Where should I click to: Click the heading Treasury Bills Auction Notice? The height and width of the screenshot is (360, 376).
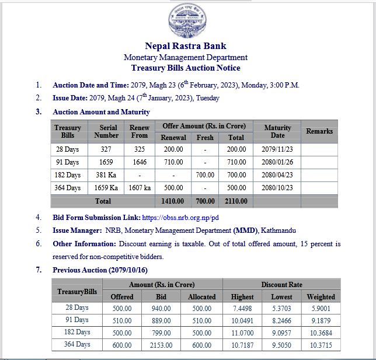(x=185, y=68)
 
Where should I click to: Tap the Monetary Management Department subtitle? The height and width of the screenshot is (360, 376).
(x=185, y=57)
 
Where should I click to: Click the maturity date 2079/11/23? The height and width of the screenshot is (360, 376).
(x=277, y=149)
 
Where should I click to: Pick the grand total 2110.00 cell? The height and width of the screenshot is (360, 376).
(x=236, y=201)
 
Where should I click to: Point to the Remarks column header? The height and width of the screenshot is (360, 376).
(x=319, y=131)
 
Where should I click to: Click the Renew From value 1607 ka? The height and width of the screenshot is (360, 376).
(x=140, y=188)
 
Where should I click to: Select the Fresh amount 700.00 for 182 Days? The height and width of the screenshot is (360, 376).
(x=205, y=175)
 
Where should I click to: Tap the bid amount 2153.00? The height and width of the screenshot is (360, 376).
(x=161, y=345)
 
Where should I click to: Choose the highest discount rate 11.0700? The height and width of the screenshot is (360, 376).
(x=242, y=332)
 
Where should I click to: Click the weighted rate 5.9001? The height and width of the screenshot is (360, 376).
(x=321, y=309)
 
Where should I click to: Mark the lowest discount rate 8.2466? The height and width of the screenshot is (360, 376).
(x=281, y=320)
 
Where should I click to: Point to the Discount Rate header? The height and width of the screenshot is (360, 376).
(x=281, y=285)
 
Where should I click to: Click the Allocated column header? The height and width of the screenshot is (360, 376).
(x=201, y=297)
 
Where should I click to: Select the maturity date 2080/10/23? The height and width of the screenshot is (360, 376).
(x=277, y=188)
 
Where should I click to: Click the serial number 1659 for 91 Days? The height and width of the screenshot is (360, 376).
(x=106, y=162)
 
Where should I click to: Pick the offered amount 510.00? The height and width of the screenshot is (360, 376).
(x=122, y=320)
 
